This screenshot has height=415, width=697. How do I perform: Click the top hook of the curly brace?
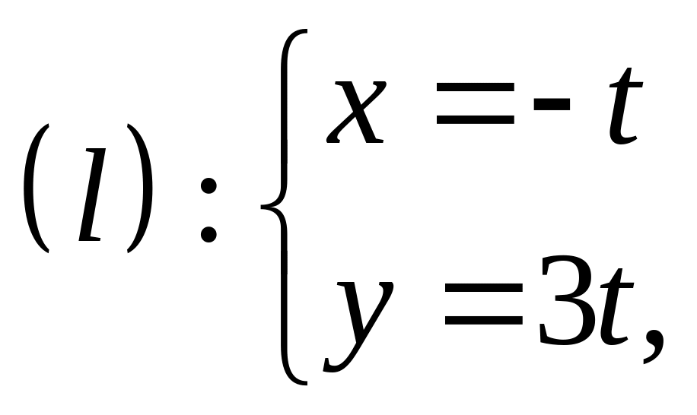coord(300,34)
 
